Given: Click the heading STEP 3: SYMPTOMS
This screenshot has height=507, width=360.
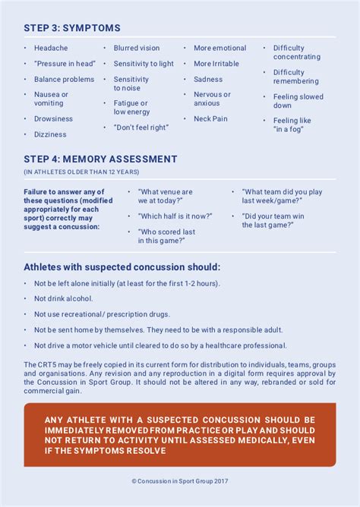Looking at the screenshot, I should click(72, 28).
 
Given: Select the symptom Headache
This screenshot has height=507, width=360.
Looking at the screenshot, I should click(51, 49).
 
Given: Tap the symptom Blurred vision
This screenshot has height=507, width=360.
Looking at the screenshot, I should click(137, 49).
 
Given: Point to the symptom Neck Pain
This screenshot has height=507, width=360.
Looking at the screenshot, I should click(210, 119).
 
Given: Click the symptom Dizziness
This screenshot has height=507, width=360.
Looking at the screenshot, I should click(50, 135).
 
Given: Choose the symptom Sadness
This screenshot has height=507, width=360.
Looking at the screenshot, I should click(208, 80).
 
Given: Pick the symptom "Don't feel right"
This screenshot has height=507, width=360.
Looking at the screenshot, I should click(141, 128).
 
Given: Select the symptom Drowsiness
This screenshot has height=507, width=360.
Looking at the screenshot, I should click(53, 119).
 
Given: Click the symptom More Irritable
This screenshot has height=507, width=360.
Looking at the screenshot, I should click(216, 64).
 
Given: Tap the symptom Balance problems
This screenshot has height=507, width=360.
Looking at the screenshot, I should click(64, 80).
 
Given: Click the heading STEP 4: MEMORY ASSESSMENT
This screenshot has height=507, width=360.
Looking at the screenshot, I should click(100, 159).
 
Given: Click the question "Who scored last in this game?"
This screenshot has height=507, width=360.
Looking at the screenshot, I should click(166, 236).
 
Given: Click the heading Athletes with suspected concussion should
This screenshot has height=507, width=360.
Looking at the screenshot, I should click(122, 267).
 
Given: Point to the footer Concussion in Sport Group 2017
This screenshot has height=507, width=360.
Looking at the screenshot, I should click(180, 481).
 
